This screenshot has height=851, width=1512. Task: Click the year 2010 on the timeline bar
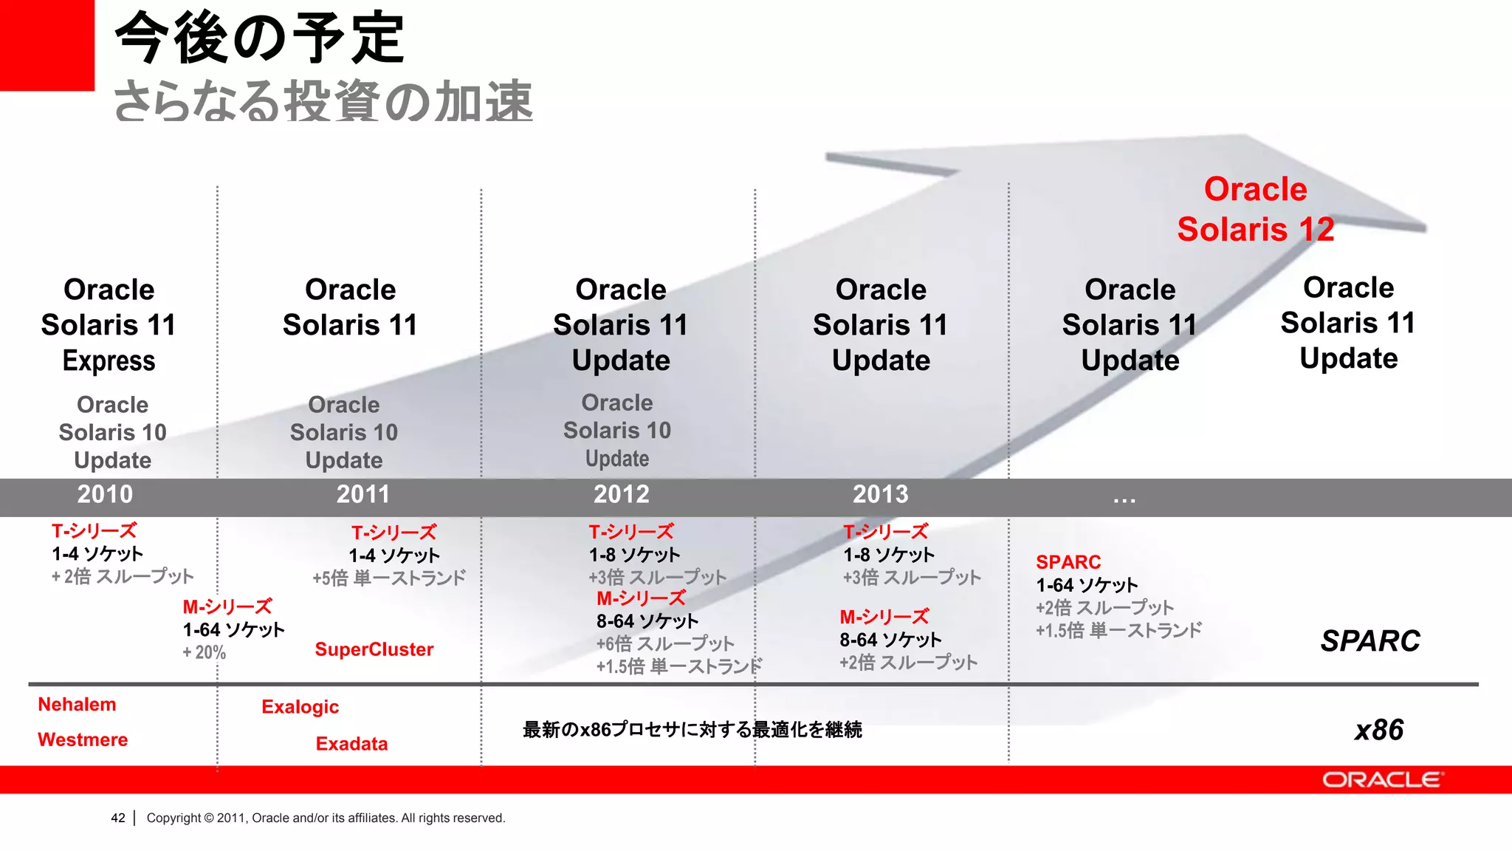click(x=105, y=494)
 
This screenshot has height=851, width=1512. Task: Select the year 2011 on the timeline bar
click(x=362, y=494)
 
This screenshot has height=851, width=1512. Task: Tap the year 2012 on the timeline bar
click(x=621, y=494)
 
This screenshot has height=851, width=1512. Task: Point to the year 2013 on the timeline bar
click(x=880, y=494)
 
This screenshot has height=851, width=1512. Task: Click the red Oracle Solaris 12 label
click(x=1255, y=209)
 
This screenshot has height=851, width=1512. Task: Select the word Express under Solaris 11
click(x=109, y=361)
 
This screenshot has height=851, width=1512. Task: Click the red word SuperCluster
click(x=374, y=649)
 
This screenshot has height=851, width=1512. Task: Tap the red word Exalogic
click(x=300, y=707)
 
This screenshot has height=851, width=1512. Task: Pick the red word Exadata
click(x=351, y=744)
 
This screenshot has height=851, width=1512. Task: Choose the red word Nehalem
click(x=77, y=705)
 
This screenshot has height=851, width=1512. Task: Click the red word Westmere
click(x=83, y=740)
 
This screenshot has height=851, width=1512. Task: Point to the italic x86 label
click(x=1378, y=730)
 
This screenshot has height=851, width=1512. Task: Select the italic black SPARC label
click(x=1370, y=641)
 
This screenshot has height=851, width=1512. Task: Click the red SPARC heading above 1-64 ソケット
click(x=1068, y=562)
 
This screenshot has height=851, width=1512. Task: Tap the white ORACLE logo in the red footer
click(x=1382, y=780)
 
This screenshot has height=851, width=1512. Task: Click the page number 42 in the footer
click(x=118, y=818)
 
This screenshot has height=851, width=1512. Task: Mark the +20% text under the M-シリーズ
click(x=204, y=653)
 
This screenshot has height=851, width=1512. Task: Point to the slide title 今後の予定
click(x=259, y=38)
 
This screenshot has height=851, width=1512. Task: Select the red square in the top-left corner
click(x=47, y=44)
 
